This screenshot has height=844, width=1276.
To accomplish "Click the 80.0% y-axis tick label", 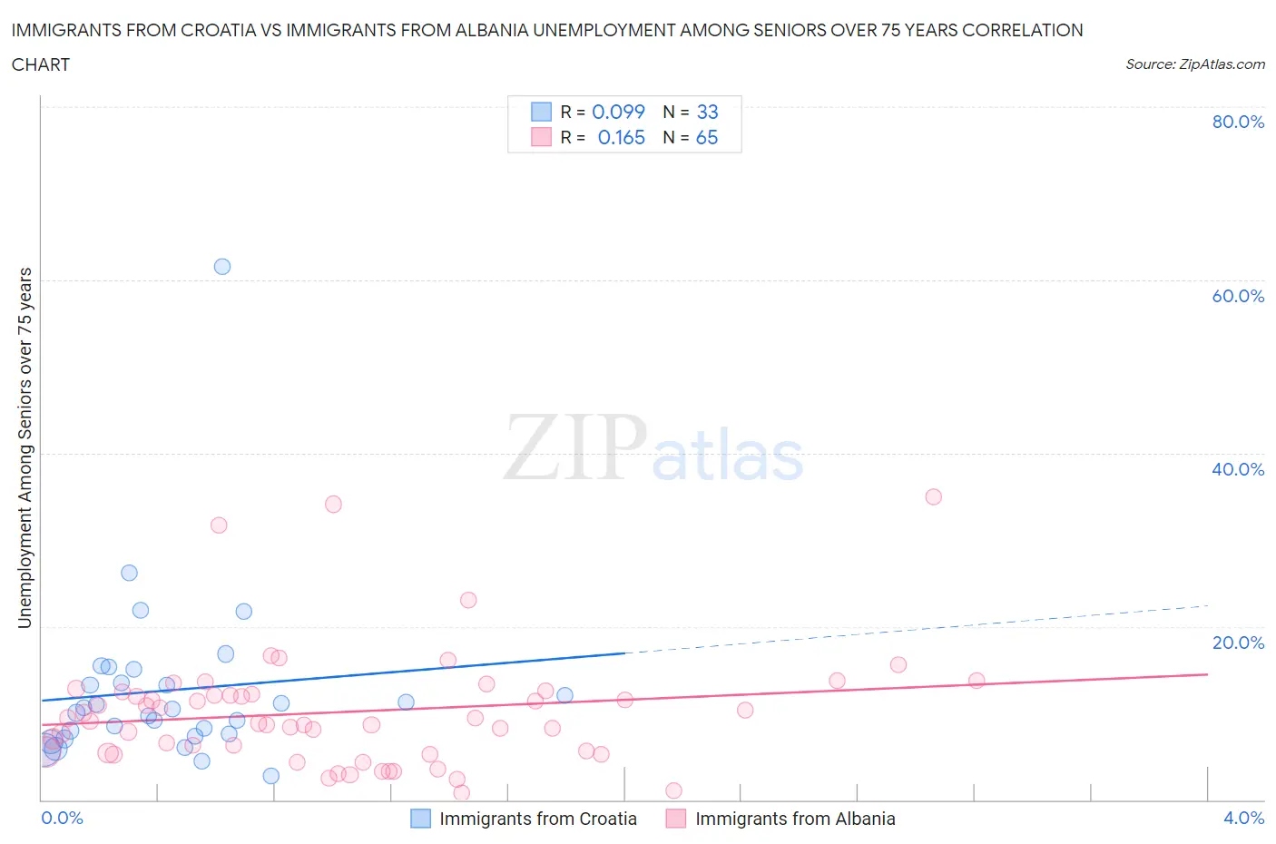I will pyautogui.click(x=1237, y=122).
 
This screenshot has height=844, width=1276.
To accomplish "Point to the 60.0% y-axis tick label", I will pyautogui.click(x=1237, y=296).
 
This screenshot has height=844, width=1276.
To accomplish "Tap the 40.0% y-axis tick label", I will pyautogui.click(x=1237, y=469).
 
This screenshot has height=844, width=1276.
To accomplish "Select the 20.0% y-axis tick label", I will pyautogui.click(x=1237, y=643).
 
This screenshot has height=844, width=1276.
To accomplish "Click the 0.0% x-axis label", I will pyautogui.click(x=62, y=818).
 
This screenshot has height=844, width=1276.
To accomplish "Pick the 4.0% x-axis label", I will pyautogui.click(x=1243, y=818).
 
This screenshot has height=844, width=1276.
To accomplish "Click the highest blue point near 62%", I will pyautogui.click(x=222, y=267).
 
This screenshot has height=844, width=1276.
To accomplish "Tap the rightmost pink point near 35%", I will pyautogui.click(x=933, y=496).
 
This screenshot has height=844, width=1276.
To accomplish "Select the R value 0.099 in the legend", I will pyautogui.click(x=618, y=112).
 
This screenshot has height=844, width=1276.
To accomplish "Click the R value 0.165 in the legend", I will pyautogui.click(x=621, y=137).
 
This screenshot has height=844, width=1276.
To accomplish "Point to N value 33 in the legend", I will pyautogui.click(x=707, y=112).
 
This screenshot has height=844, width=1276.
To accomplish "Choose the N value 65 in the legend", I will pyautogui.click(x=706, y=137).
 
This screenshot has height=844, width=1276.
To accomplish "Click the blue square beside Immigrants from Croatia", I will pyautogui.click(x=421, y=819).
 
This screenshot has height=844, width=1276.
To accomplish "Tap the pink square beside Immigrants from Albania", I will pyautogui.click(x=675, y=819).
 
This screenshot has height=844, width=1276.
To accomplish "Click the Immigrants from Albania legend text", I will pyautogui.click(x=795, y=819).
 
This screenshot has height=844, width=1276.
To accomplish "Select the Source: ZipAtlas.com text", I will pyautogui.click(x=1194, y=64).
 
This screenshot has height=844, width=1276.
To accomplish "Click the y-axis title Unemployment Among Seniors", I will pyautogui.click(x=25, y=447).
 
